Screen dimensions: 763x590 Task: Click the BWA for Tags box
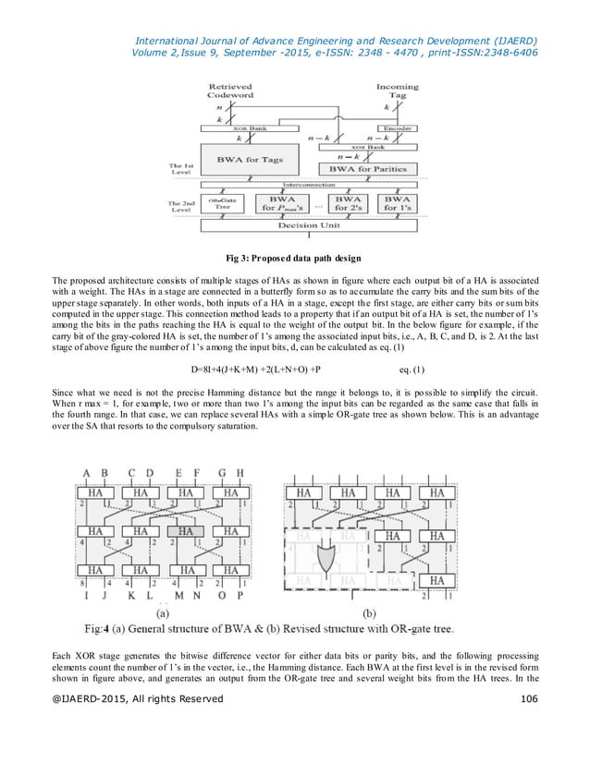coord(250,160)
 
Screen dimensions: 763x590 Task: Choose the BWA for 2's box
coord(348,203)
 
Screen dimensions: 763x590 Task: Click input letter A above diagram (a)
coord(88,475)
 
